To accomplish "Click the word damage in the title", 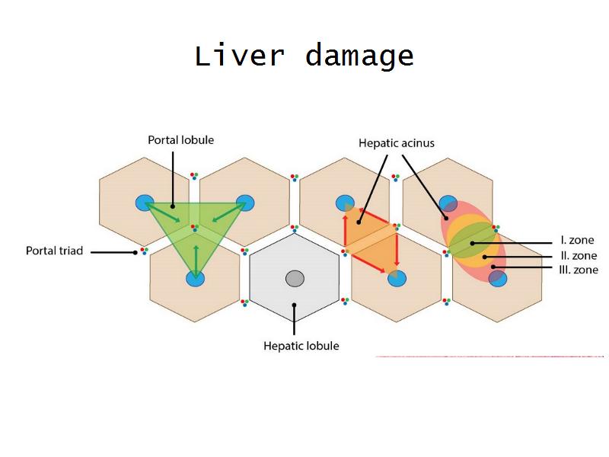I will [359, 57].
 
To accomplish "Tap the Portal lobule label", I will [180, 140].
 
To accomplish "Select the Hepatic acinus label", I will [397, 142].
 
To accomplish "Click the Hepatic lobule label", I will [301, 346].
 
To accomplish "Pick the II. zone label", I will [579, 256].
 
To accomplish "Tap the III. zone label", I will [579, 270].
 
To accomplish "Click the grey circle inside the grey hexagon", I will [295, 279].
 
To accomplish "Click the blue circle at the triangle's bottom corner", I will [196, 279].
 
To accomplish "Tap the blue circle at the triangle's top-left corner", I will [145, 203].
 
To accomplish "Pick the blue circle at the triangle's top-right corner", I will [245, 203].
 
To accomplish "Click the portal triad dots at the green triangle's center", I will [195, 227].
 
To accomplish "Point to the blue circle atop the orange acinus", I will [345, 203].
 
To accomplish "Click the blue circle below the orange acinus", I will [396, 279].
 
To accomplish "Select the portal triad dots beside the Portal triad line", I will [143, 251].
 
